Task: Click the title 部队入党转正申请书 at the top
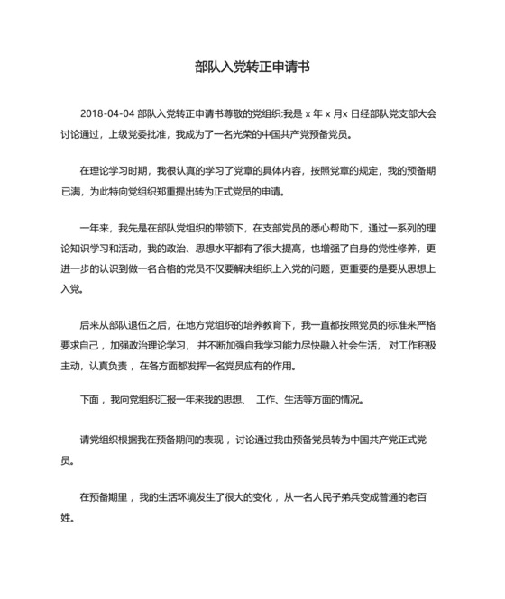click(x=252, y=68)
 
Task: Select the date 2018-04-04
click(x=107, y=115)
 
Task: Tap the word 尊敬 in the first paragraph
click(x=234, y=115)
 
